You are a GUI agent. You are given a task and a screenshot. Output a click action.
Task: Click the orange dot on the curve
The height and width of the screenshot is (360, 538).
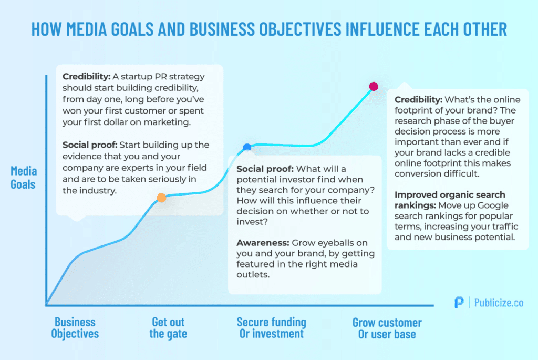click(162, 198)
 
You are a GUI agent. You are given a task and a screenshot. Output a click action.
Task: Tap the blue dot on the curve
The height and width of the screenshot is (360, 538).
click(247, 148)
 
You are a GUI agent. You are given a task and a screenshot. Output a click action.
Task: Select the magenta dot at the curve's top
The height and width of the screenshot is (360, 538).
click(374, 86)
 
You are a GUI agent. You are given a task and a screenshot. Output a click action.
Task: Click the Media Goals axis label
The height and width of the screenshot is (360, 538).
click(23, 178)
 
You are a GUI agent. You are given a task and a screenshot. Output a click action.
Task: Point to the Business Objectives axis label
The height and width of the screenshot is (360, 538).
click(75, 328)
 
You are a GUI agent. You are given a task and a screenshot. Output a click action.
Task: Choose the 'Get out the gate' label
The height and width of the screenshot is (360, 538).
click(168, 328)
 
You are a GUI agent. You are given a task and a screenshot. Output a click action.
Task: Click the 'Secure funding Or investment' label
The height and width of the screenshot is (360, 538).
click(272, 328)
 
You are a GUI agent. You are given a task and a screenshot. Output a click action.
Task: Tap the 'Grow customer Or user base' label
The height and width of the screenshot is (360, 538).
click(387, 328)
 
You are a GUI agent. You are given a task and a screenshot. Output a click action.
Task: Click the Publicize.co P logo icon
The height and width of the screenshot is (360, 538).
click(459, 302)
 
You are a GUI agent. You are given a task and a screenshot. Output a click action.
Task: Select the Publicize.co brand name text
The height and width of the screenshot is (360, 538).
click(499, 302)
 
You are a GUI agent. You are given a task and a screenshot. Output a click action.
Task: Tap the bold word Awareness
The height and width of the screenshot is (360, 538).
click(263, 243)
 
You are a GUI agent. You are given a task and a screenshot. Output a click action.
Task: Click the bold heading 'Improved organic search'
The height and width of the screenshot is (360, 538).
click(450, 194)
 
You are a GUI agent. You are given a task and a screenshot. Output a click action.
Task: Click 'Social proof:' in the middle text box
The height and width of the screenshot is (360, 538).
click(265, 169)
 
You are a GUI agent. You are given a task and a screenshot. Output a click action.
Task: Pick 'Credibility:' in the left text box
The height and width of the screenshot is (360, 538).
click(87, 77)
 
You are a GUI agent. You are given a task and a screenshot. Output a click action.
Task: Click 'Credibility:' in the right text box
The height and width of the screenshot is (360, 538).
click(418, 99)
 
